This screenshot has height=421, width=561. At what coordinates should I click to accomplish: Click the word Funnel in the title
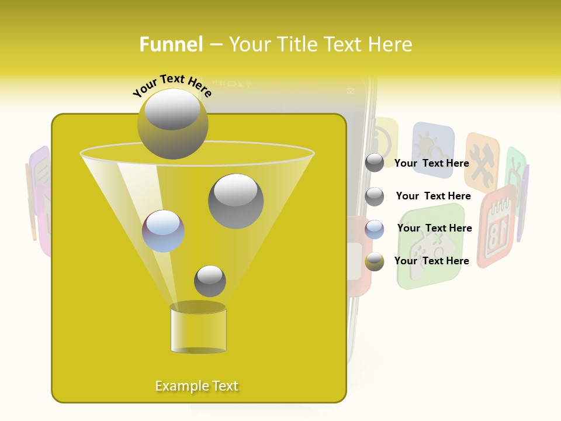click(171, 44)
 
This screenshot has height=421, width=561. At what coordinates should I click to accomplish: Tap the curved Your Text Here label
click(172, 86)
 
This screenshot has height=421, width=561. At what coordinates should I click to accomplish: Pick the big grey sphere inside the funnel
click(236, 201)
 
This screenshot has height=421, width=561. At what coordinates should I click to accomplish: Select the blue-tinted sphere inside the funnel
click(163, 231)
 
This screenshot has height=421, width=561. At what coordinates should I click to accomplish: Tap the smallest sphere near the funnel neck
click(210, 281)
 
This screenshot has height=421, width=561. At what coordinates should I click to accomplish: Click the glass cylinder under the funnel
click(198, 329)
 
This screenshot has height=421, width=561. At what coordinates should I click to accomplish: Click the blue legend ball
click(375, 229)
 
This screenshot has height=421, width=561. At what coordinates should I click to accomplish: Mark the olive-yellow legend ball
click(375, 261)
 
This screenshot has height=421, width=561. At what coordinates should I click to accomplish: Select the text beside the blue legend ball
click(434, 228)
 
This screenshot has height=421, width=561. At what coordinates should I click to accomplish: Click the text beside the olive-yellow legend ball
click(431, 261)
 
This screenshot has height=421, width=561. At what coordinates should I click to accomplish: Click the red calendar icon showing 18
click(497, 225)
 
